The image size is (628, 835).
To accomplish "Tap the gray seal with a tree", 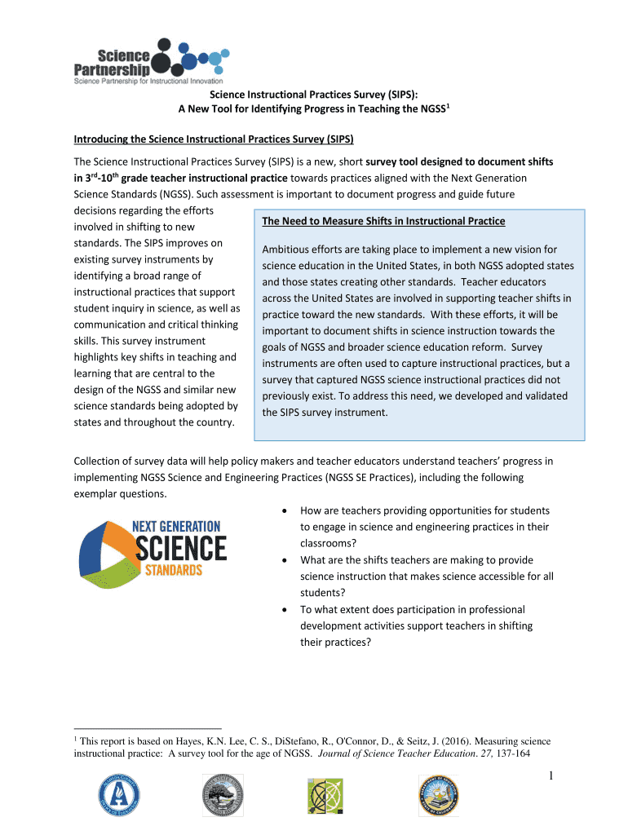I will point(223,795).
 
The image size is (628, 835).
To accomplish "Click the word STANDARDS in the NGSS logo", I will point(173,570).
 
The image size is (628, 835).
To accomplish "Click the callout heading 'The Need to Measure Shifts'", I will point(383,221).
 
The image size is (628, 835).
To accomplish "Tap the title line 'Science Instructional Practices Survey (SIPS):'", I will point(315,95).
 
